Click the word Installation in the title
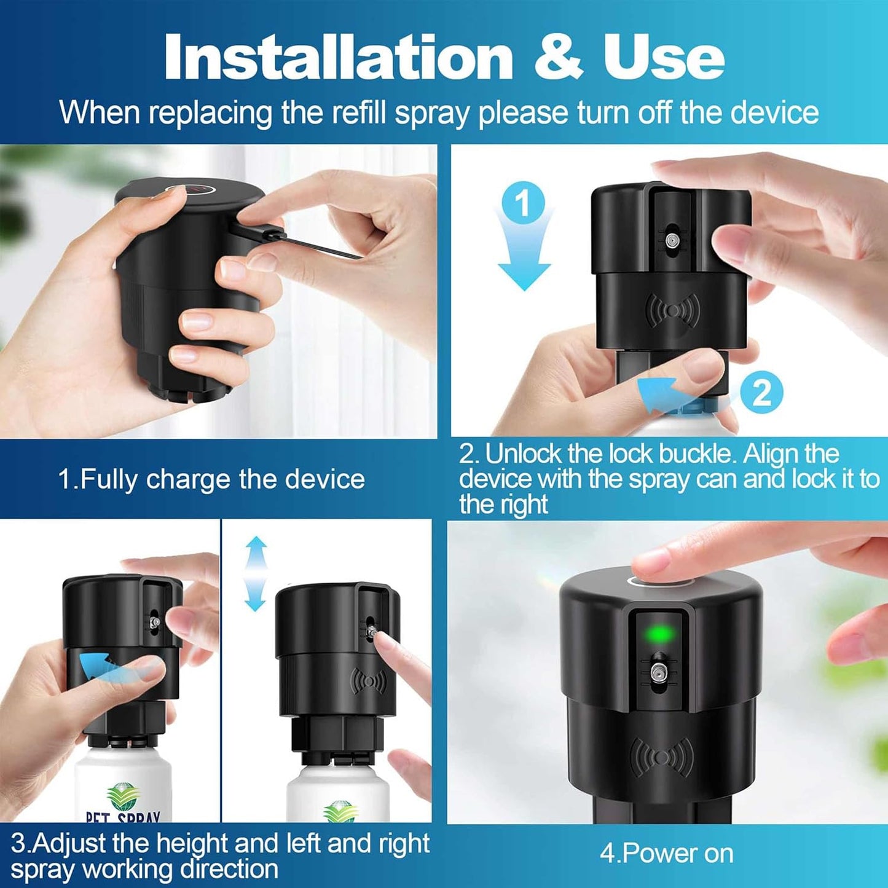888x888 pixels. pos(338,57)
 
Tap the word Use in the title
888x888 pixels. pos(664,58)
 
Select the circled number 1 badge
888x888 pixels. pos(523,203)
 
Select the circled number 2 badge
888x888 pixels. pos(761,393)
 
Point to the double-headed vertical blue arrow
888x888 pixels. pos(255,574)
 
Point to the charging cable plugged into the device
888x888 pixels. pos(295,240)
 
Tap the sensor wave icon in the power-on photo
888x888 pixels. pos(660,756)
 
